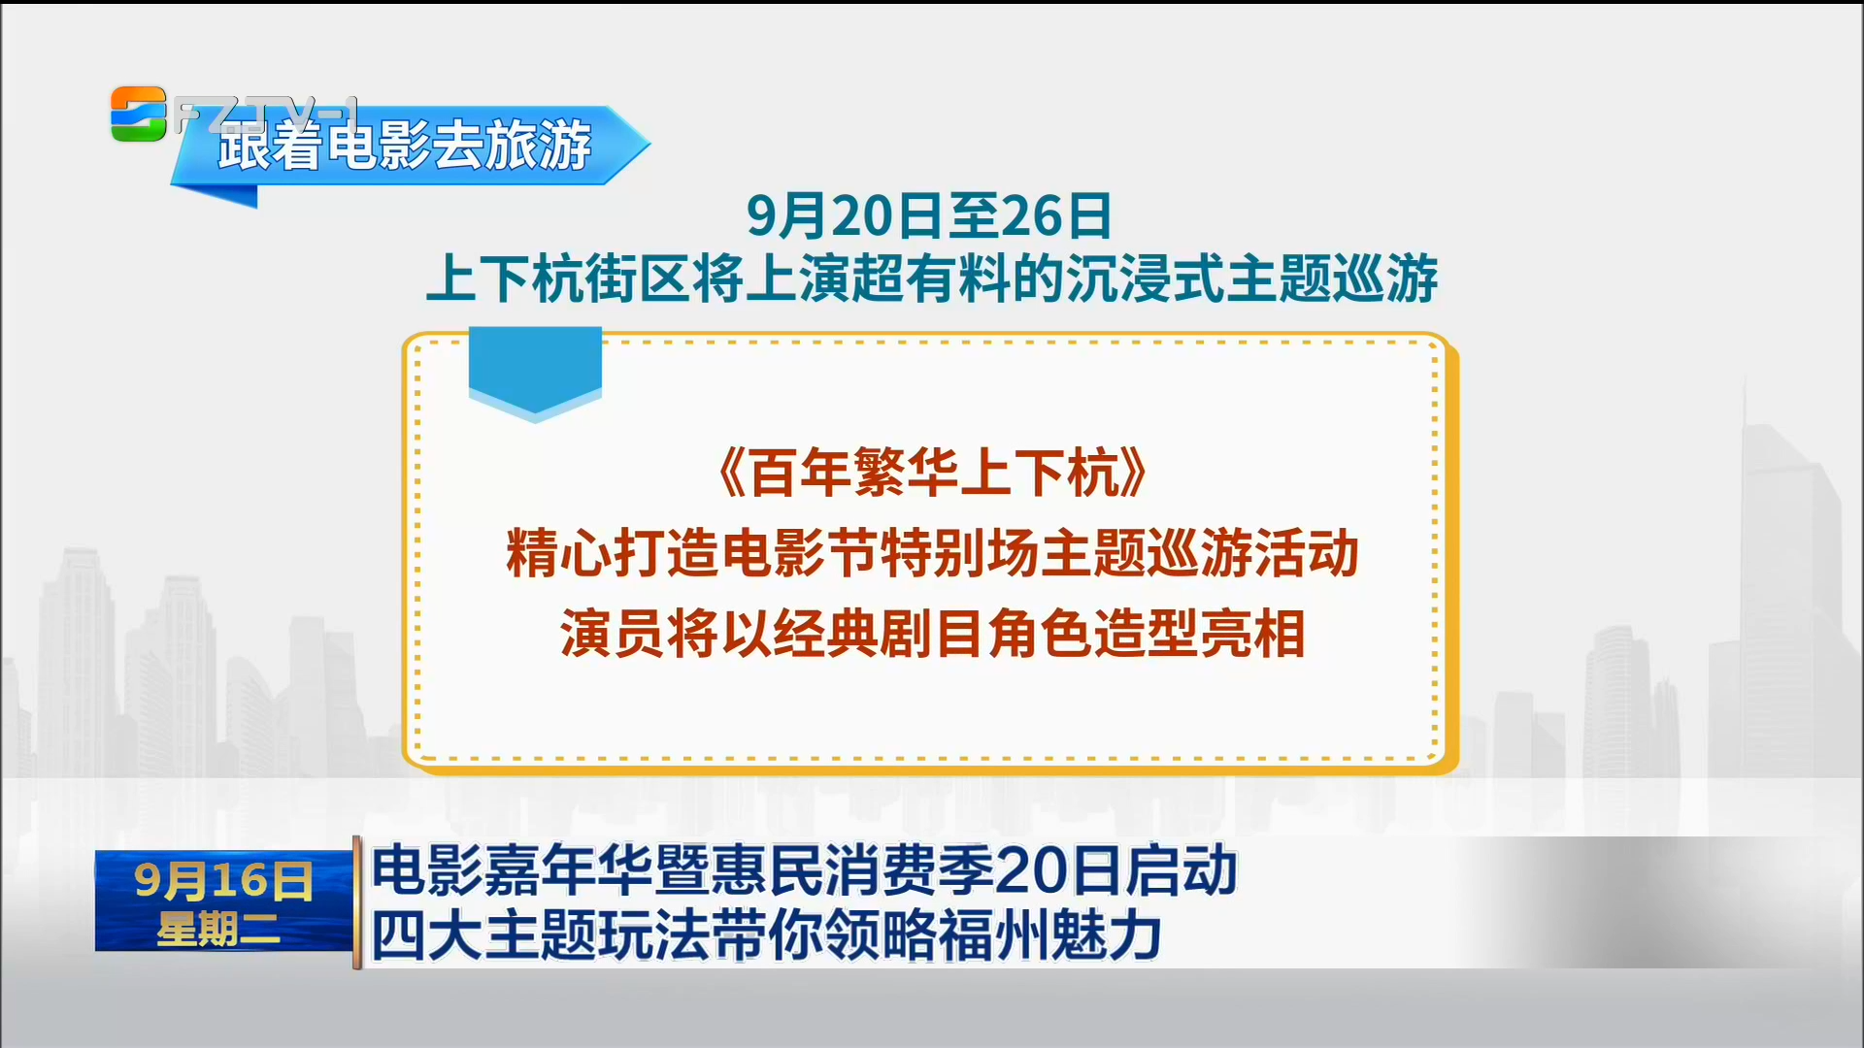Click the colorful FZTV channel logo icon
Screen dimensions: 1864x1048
pyautogui.click(x=138, y=114)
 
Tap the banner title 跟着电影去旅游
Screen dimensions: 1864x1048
pyautogui.click(x=405, y=146)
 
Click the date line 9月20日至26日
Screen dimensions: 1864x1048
pyautogui.click(x=929, y=215)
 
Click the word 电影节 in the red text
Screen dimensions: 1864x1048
pyautogui.click(x=799, y=554)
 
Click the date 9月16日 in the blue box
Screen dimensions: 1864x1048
pyautogui.click(x=223, y=880)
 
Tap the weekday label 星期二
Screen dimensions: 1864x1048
pyautogui.click(x=218, y=930)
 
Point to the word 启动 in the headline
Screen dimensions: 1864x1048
pyautogui.click(x=1181, y=870)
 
